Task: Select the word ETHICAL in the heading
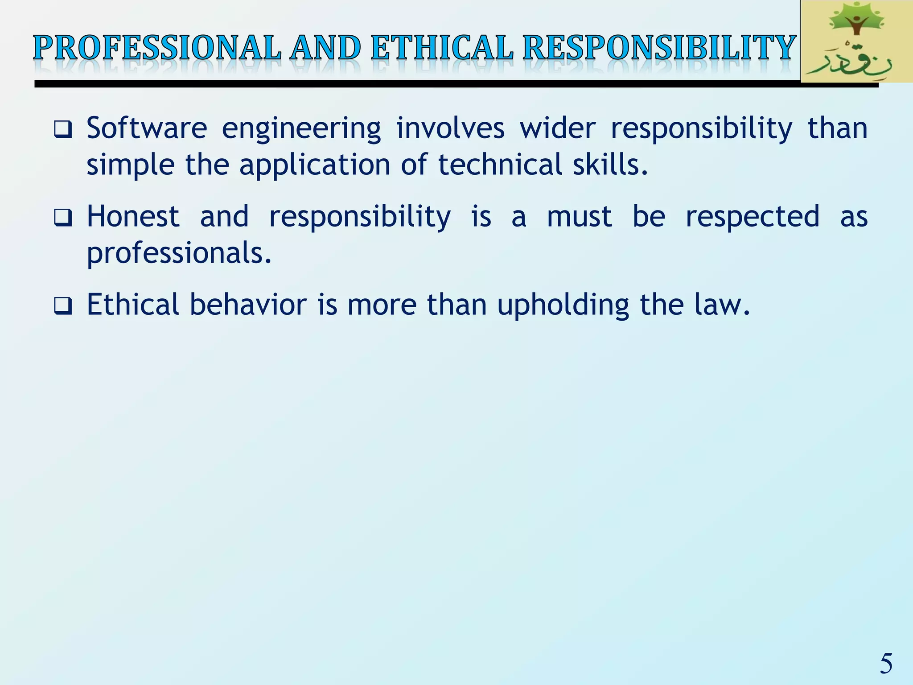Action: (442, 48)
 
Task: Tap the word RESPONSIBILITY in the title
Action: (659, 48)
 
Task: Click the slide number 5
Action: (886, 663)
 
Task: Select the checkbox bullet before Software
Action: (63, 130)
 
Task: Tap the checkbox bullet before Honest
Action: (63, 219)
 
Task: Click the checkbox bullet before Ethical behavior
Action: (63, 306)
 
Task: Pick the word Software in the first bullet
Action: (147, 128)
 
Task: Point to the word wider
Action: (557, 128)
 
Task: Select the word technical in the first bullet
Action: (499, 165)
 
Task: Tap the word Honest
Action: (133, 216)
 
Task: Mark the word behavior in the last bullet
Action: (248, 305)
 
